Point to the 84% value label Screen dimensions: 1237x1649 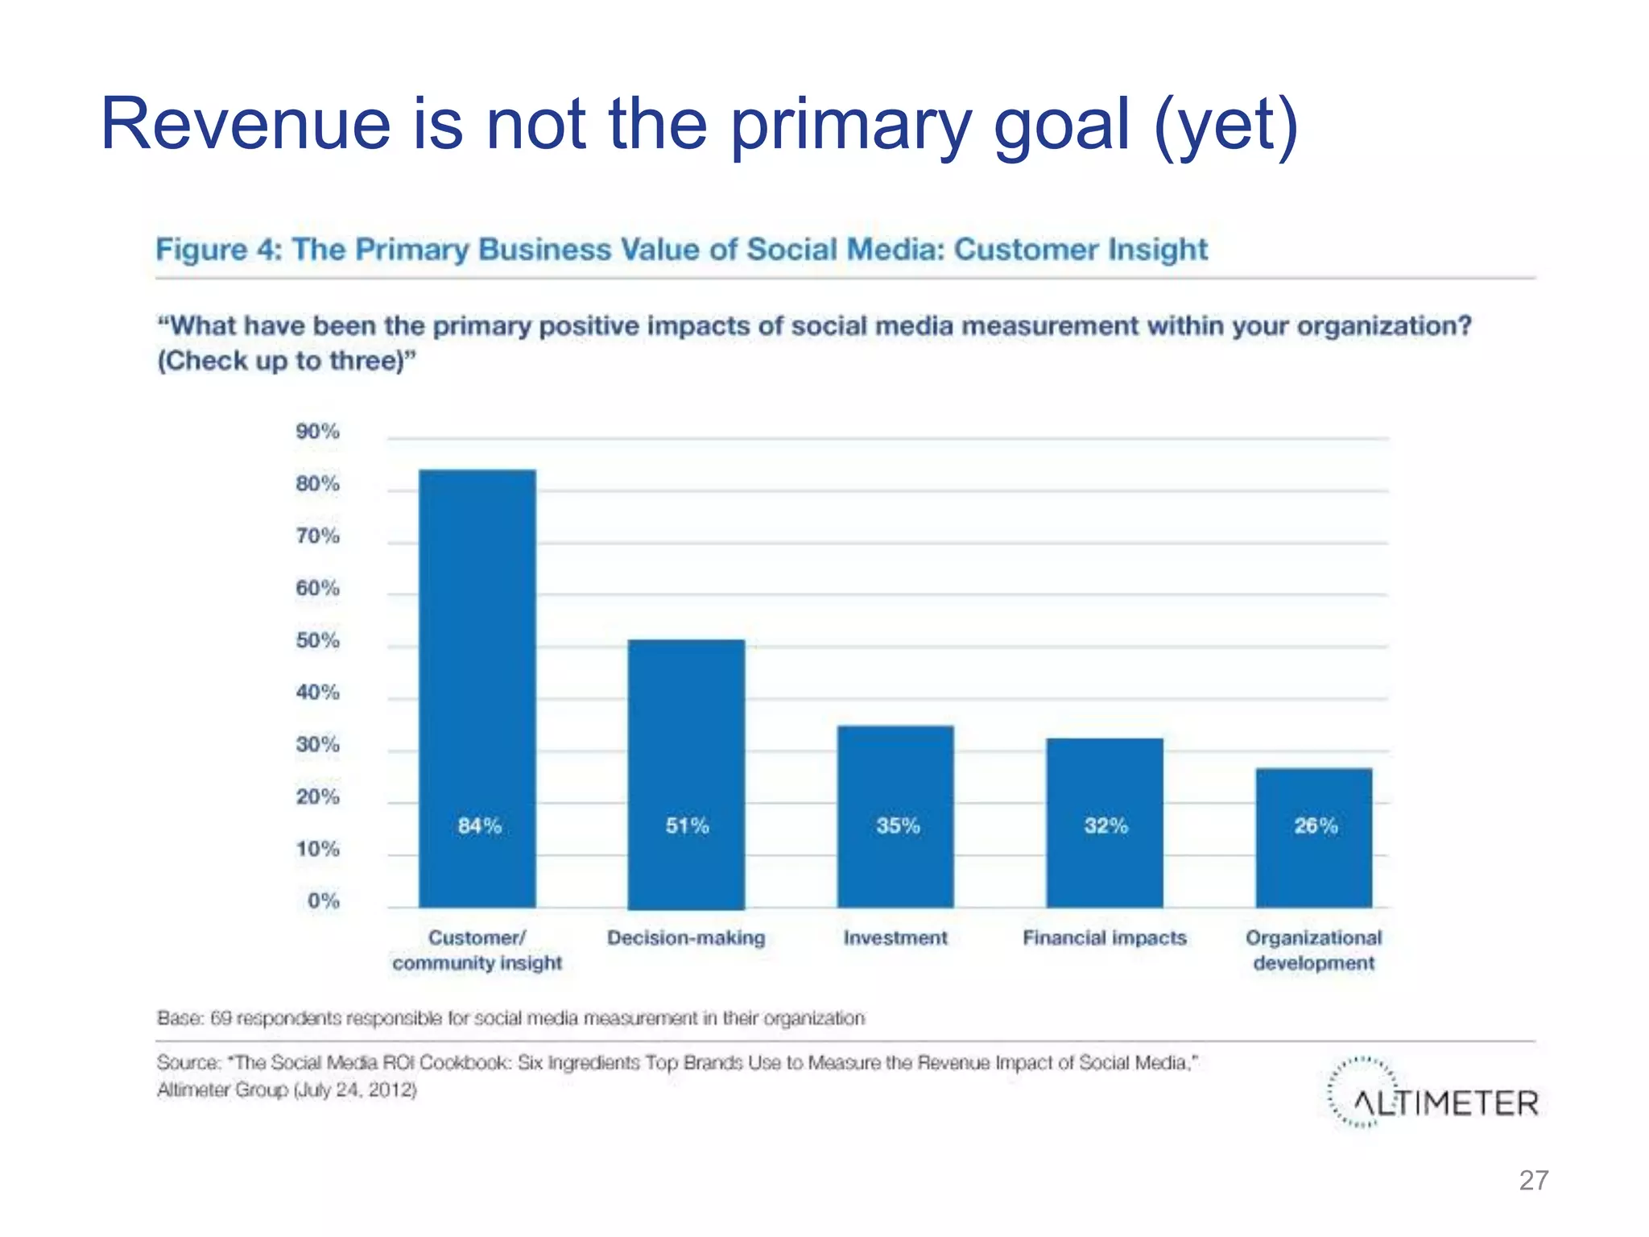click(480, 825)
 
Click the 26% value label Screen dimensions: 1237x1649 click(1316, 825)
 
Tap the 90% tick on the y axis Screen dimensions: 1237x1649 click(317, 432)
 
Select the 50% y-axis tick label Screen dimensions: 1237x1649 click(317, 640)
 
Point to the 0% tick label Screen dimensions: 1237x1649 click(323, 901)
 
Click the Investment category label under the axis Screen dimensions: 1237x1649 click(895, 938)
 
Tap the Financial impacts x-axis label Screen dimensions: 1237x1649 click(1105, 938)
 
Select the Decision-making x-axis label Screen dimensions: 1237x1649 click(686, 938)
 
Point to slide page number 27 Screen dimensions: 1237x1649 click(1533, 1181)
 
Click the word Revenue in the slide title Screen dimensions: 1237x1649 click(246, 124)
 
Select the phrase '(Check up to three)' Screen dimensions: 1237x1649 click(287, 361)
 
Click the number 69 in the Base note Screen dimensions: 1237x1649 click(221, 1019)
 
